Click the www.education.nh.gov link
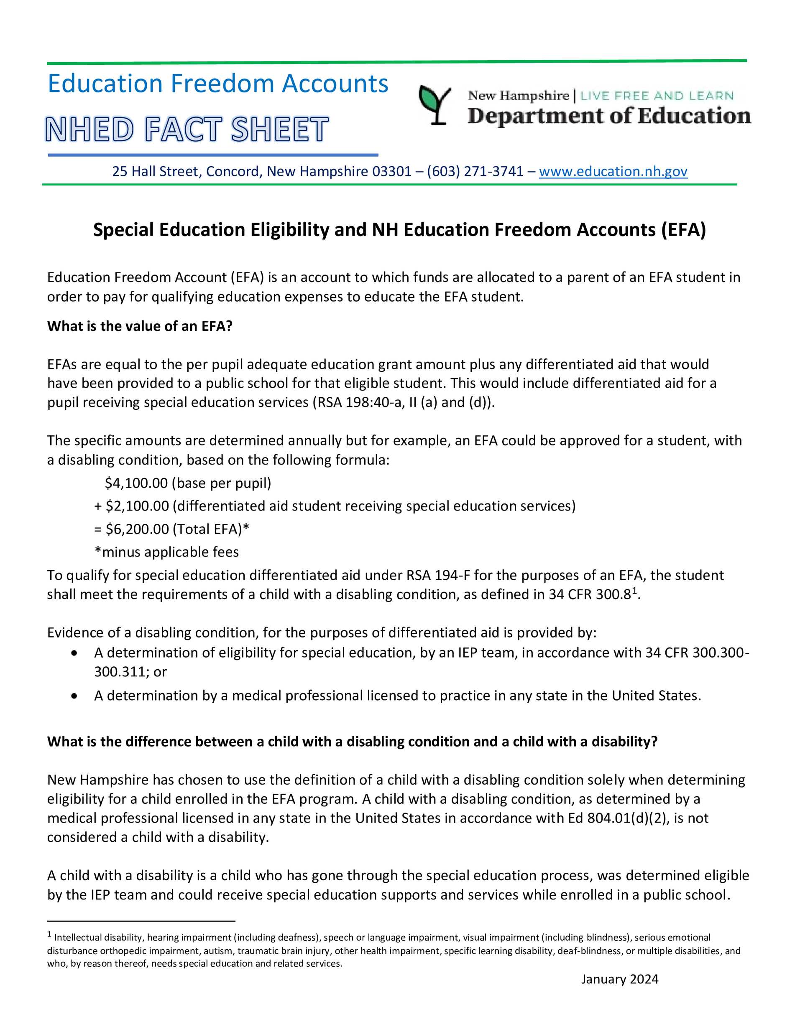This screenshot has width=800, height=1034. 613,171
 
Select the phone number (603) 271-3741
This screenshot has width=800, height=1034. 475,171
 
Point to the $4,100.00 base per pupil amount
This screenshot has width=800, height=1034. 136,483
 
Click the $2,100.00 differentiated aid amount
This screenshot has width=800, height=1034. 138,506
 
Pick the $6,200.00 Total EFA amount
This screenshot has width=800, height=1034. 138,529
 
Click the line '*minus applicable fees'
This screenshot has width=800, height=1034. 166,552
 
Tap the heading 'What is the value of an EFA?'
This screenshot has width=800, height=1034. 140,326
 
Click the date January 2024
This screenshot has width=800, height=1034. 619,979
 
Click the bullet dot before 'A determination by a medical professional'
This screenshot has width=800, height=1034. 74,696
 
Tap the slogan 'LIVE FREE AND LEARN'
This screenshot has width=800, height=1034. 657,96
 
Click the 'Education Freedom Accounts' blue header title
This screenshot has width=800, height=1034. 218,84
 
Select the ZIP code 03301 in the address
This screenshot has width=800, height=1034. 391,171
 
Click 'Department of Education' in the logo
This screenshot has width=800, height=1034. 609,116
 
